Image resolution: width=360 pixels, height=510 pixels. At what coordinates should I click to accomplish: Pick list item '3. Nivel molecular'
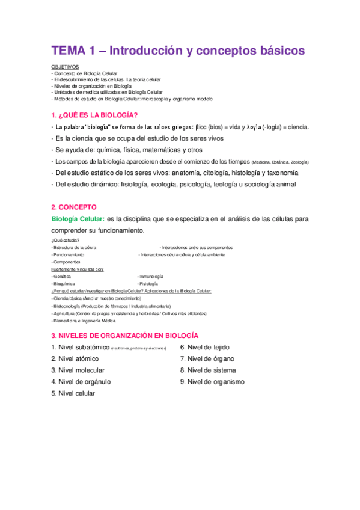coord(78,370)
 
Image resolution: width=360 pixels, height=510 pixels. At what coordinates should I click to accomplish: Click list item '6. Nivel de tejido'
coord(204,347)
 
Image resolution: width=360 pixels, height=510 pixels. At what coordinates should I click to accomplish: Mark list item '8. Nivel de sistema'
coord(208,370)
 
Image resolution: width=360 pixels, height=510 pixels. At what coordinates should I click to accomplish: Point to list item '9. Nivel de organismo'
coord(212,381)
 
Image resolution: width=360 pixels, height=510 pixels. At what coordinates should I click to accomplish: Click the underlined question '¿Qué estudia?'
coord(65,240)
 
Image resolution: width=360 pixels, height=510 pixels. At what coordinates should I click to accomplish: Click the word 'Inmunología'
coord(151,276)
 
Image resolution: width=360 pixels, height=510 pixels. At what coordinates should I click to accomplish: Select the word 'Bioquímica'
coord(65,283)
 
